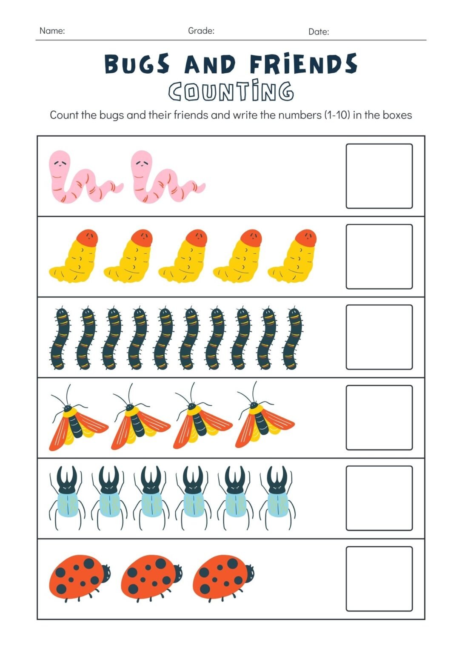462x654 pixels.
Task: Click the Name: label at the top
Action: (52, 31)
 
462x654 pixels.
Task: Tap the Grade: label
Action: (201, 31)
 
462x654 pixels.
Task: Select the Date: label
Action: (319, 32)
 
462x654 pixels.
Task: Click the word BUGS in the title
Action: (137, 64)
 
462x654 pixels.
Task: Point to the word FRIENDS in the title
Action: (303, 64)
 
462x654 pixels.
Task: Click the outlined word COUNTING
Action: (231, 91)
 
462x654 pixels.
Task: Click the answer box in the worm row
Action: (379, 176)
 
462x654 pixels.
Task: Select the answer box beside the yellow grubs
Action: (379, 257)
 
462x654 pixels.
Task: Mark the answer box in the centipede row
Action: (379, 337)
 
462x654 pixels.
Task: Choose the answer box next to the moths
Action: (379, 418)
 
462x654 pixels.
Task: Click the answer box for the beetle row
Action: (379, 498)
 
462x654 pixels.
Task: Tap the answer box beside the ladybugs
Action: (379, 579)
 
